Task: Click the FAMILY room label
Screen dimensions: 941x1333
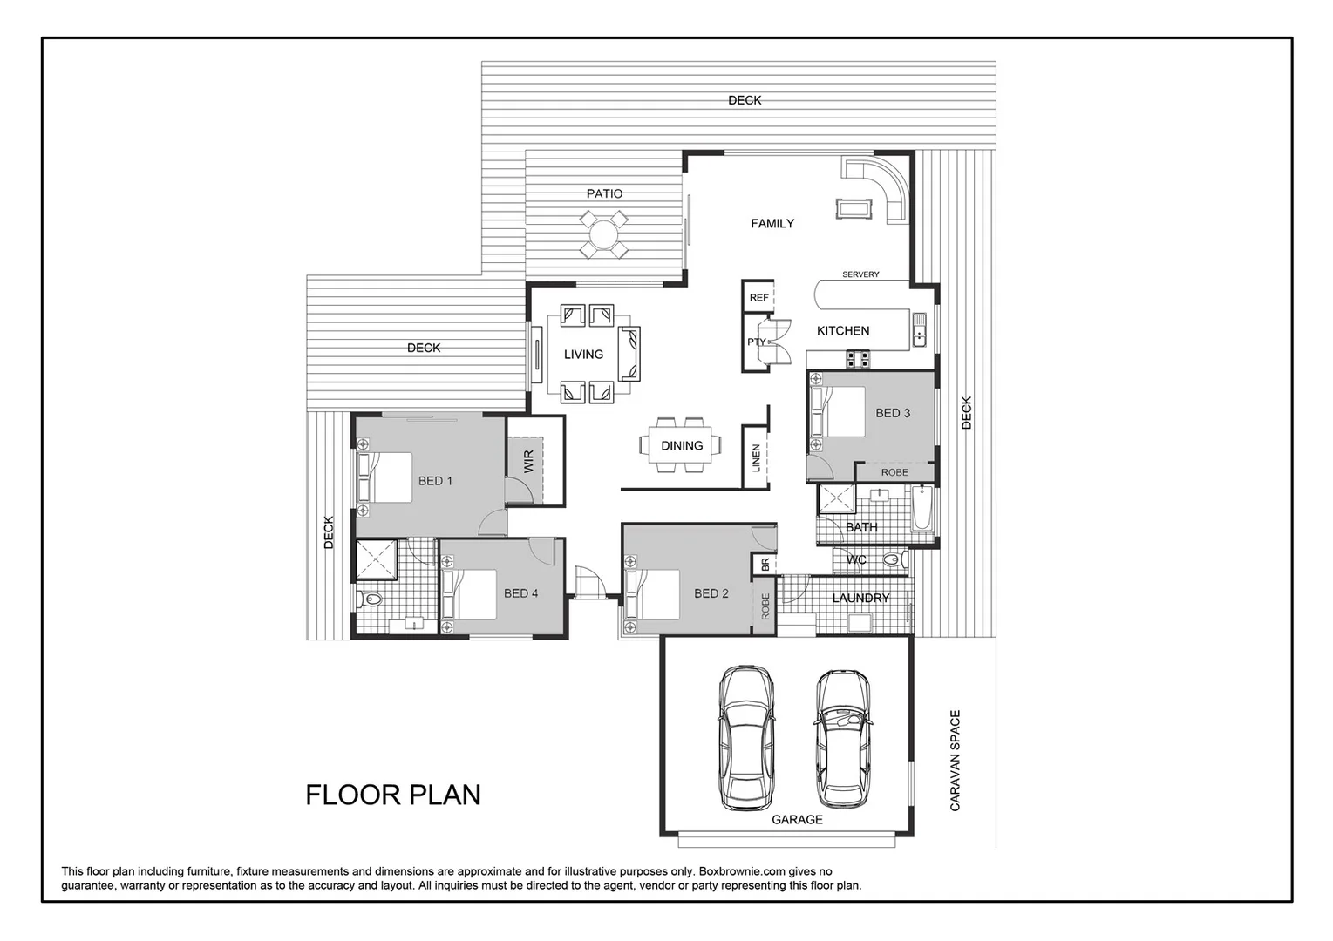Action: [x=772, y=224]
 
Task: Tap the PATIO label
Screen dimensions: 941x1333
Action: [x=604, y=193]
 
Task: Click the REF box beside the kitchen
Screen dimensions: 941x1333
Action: [x=759, y=297]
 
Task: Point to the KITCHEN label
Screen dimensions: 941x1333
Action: [x=842, y=331]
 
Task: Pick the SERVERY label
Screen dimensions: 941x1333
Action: [x=860, y=274]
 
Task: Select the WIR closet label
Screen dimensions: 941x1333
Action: [x=528, y=461]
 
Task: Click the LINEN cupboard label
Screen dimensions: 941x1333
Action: [x=756, y=458]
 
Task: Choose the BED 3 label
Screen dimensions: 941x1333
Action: [x=893, y=413]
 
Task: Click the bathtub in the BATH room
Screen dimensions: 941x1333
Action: [x=922, y=511]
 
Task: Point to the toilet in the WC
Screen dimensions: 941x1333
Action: [x=891, y=559]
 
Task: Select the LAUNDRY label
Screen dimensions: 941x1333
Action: [x=860, y=598]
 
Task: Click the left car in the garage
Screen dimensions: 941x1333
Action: [x=745, y=738]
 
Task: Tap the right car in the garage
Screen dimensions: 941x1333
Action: [x=843, y=738]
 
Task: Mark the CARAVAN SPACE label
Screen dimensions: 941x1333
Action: [x=955, y=761]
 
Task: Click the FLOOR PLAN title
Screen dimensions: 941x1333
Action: [x=392, y=795]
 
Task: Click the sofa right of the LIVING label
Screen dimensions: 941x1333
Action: [x=629, y=354]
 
